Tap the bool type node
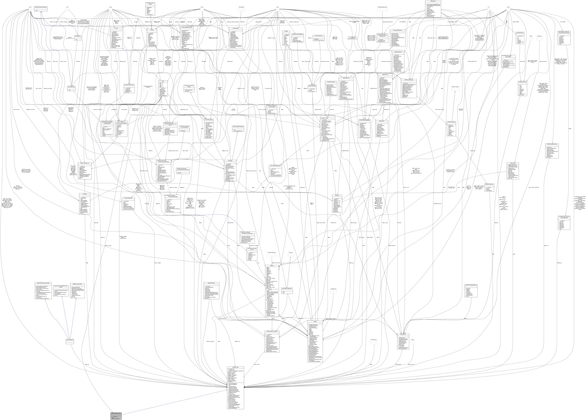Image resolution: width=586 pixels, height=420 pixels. (30, 7)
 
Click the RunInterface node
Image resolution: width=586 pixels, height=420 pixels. (241, 7)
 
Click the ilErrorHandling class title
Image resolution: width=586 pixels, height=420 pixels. (235, 28)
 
